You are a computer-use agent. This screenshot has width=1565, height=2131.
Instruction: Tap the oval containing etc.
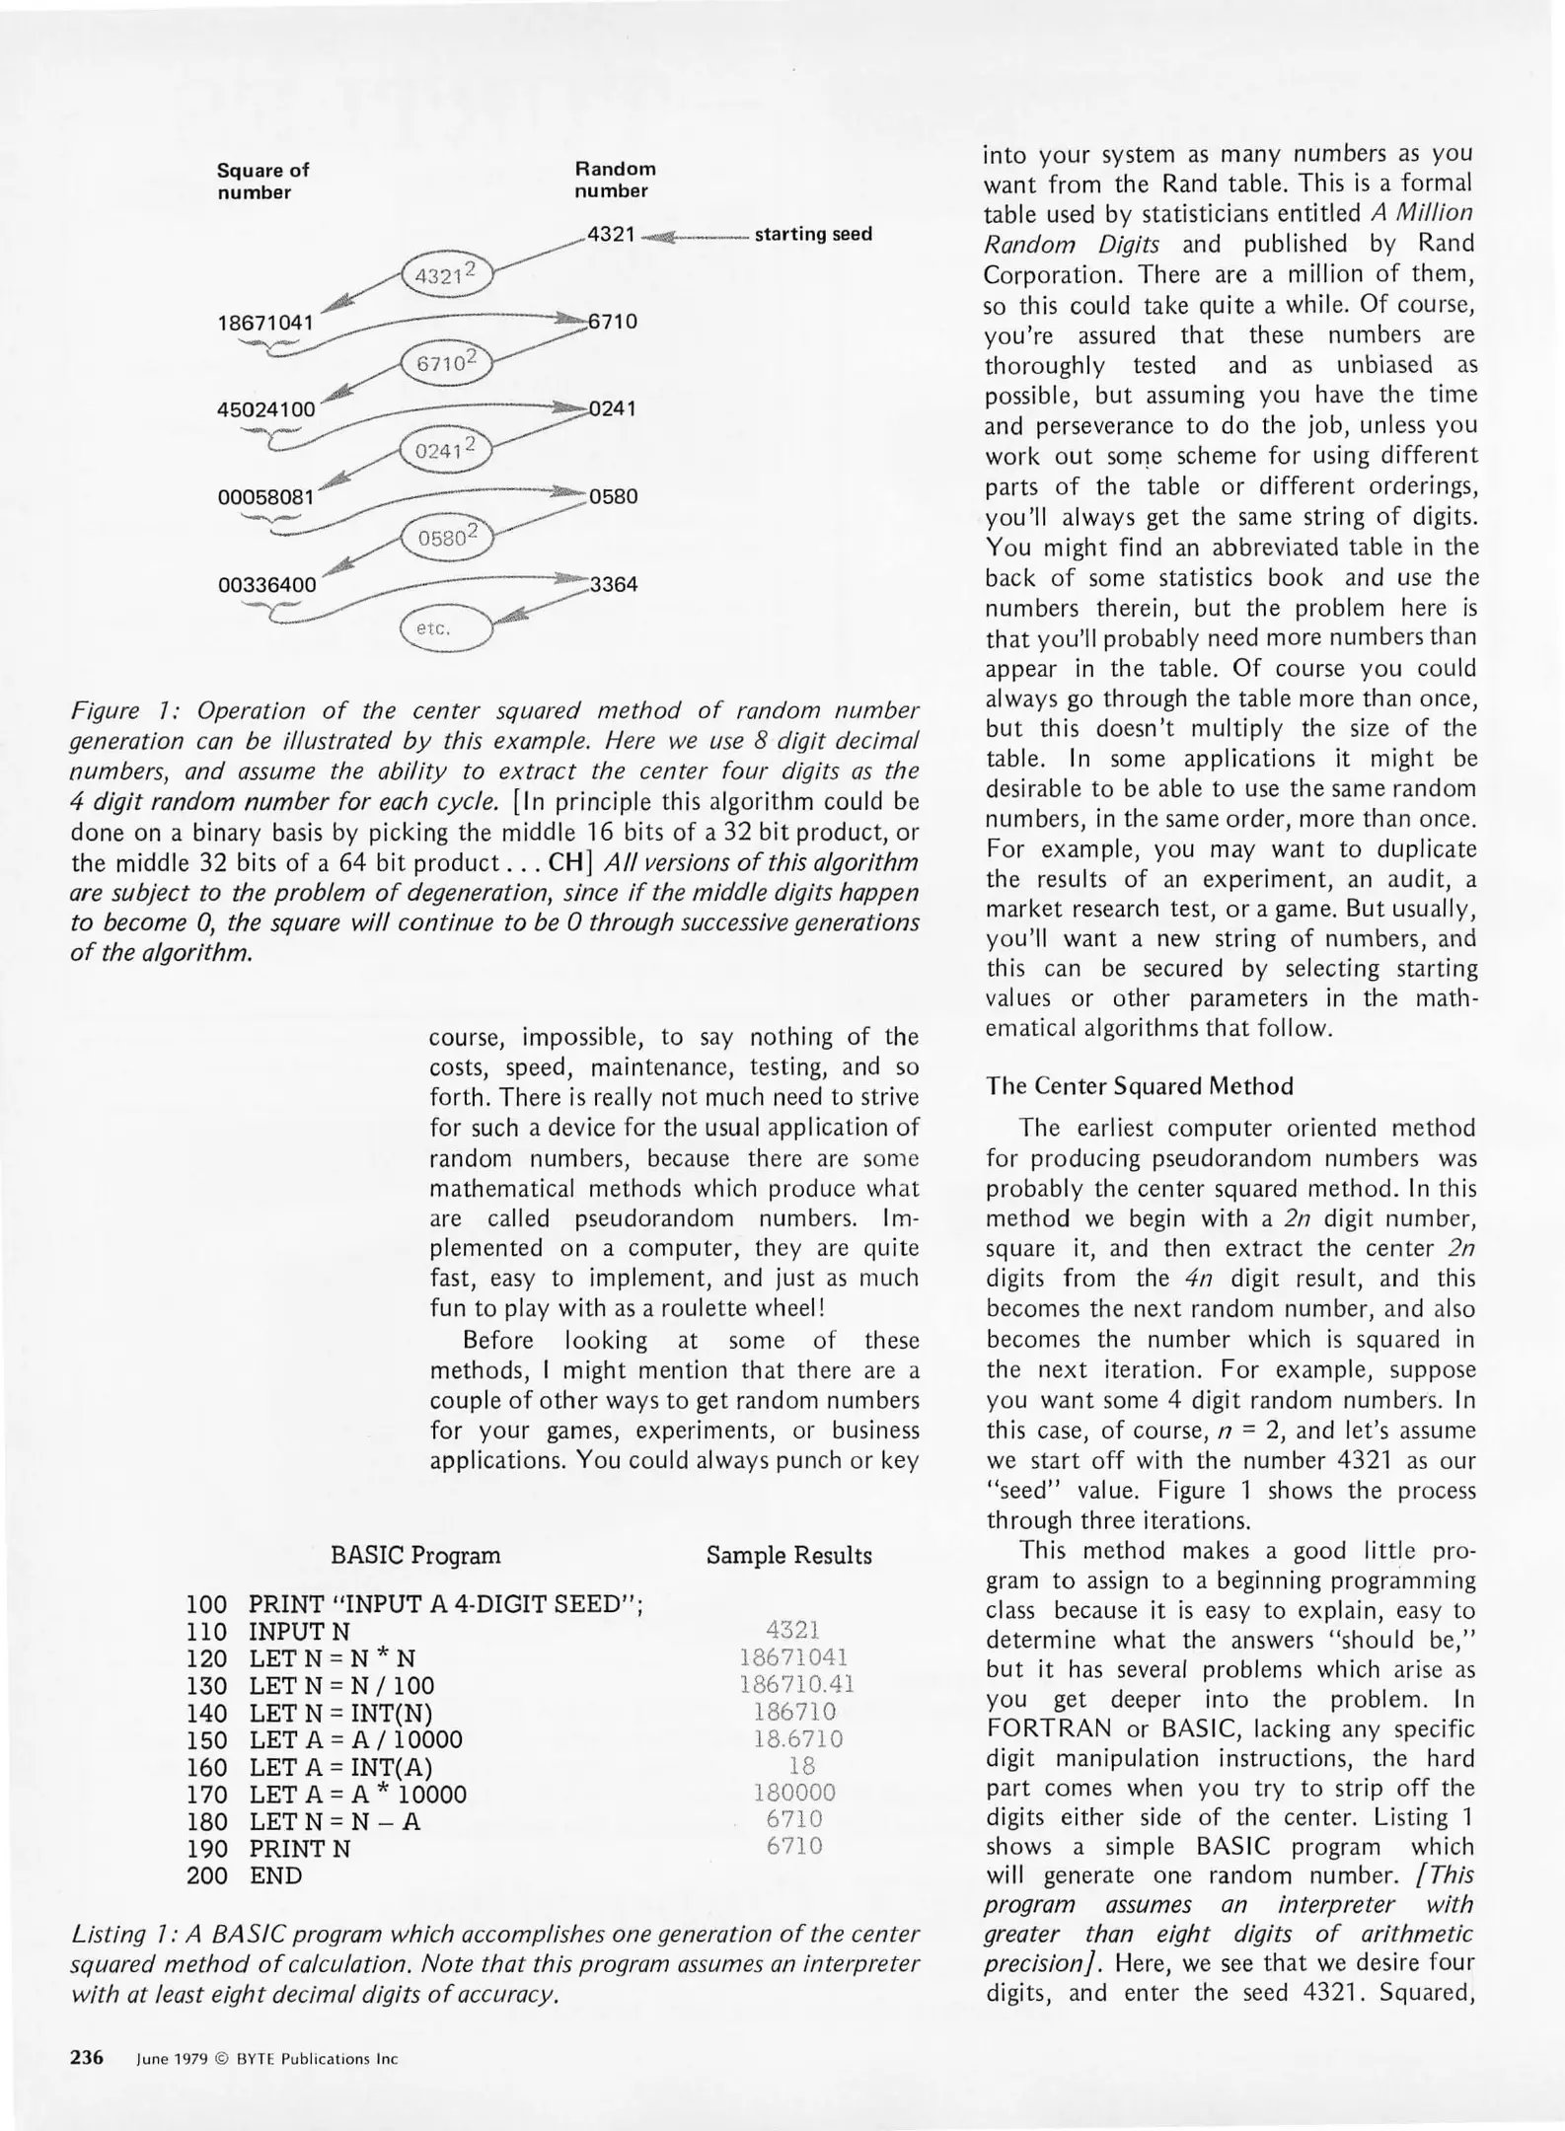445,627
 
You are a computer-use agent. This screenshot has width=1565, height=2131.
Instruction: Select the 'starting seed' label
813,235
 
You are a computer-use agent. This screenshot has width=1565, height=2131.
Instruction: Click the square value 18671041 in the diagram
265,323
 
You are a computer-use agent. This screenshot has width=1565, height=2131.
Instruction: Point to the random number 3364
613,584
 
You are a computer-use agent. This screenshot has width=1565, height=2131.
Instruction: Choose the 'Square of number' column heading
262,181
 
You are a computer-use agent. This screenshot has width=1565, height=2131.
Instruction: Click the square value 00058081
265,497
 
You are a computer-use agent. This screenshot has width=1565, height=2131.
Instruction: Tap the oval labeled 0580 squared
447,538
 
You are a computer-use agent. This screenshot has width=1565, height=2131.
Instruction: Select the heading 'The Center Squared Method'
1139,1086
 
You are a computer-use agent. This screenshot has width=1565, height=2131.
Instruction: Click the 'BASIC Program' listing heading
415,1556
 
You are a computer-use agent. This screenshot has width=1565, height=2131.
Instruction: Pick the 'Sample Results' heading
788,1556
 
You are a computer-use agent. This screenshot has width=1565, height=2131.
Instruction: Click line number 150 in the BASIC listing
206,1740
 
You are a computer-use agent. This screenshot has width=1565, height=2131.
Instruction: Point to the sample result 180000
794,1793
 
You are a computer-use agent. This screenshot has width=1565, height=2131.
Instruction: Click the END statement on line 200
275,1875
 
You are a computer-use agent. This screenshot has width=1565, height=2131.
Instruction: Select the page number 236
87,2057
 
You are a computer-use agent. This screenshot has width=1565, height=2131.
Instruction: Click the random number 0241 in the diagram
613,408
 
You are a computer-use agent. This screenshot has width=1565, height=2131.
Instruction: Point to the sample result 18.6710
797,1738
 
